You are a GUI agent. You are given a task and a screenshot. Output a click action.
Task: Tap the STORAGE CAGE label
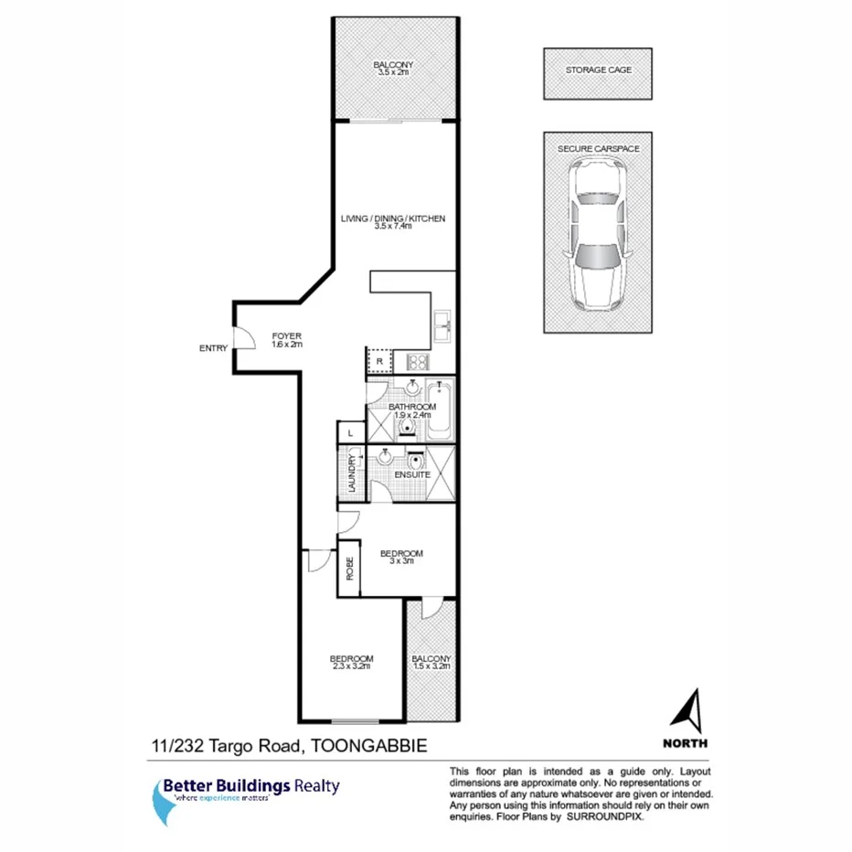tap(599, 69)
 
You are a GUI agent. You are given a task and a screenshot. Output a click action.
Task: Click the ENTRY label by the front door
tap(212, 348)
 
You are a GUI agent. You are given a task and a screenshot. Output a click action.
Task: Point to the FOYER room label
tap(286, 336)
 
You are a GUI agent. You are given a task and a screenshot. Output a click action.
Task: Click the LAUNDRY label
tap(351, 473)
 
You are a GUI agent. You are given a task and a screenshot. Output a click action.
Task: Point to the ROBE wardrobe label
tap(349, 569)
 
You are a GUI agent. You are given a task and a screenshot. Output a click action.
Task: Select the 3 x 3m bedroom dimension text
tap(401, 561)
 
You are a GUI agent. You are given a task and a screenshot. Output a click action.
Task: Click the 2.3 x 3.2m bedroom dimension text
tap(351, 667)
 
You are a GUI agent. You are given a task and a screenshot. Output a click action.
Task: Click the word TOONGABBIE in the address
tap(369, 746)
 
